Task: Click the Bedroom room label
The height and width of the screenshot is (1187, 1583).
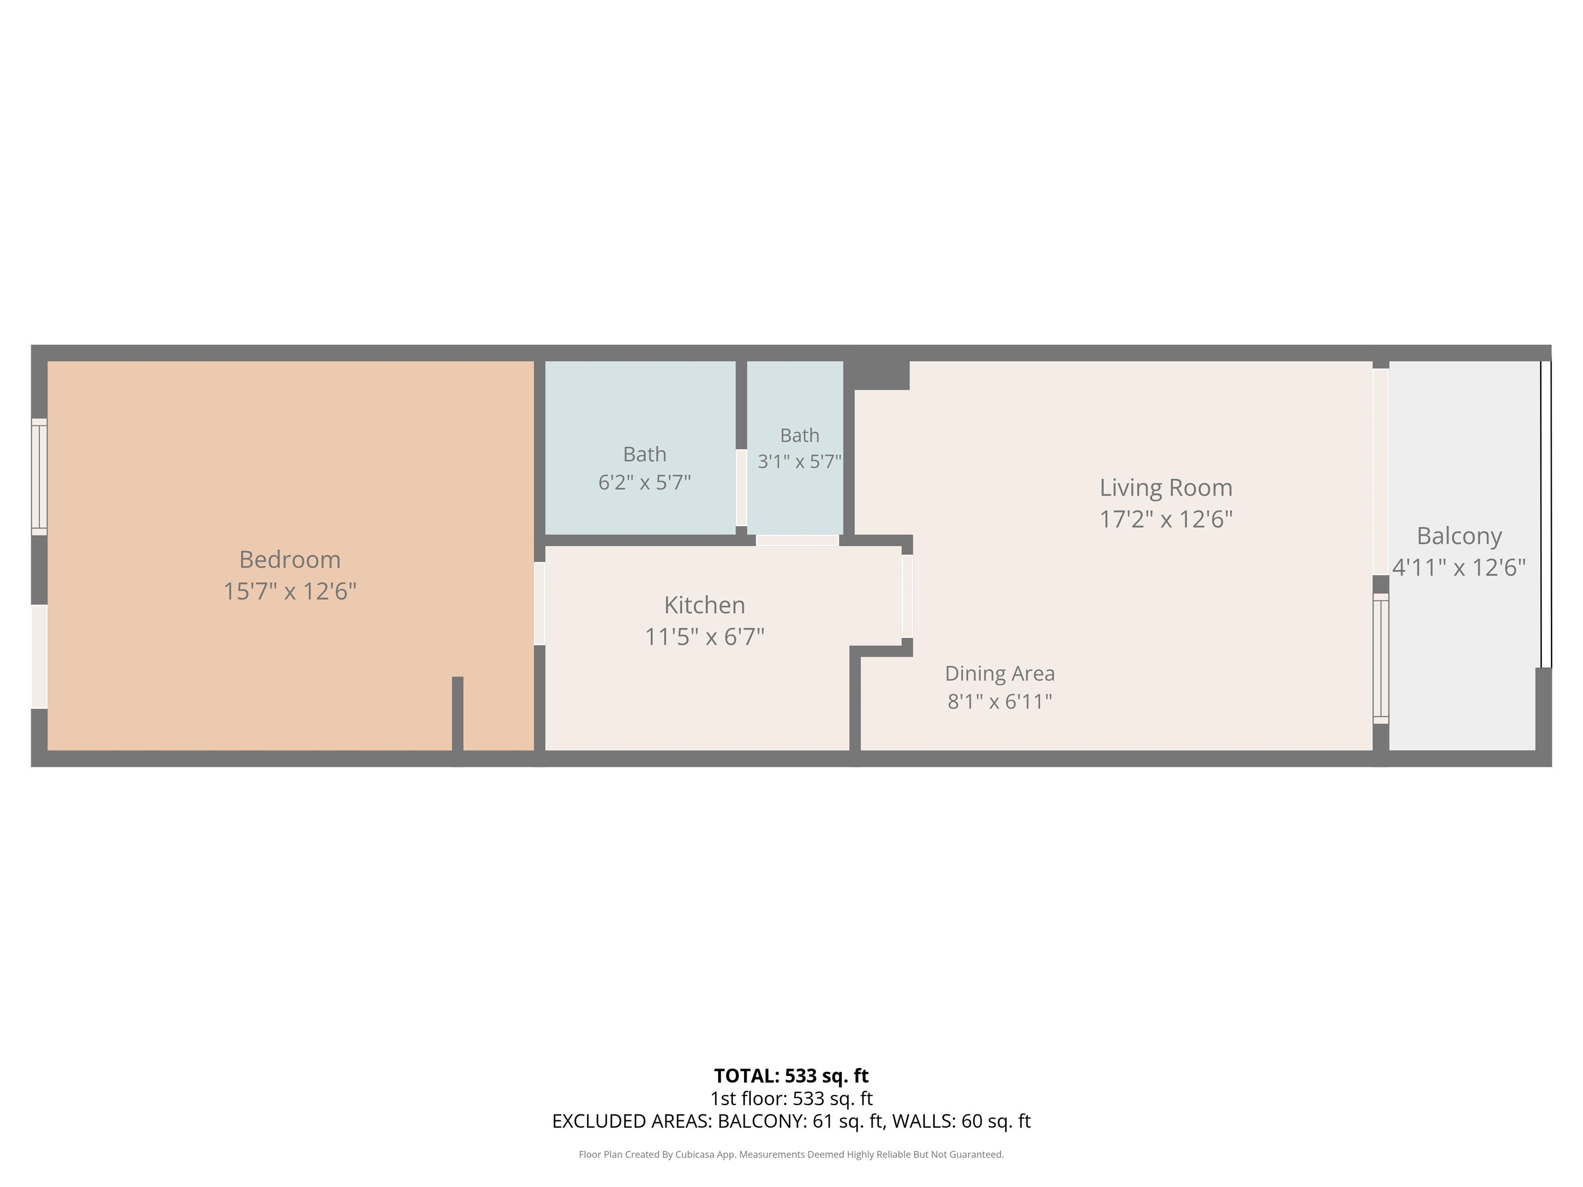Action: click(x=290, y=559)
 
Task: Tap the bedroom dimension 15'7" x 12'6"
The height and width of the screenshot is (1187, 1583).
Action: click(x=290, y=591)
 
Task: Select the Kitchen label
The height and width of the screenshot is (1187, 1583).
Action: click(x=705, y=605)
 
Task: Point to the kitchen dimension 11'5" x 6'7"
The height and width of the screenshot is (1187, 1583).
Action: click(x=705, y=636)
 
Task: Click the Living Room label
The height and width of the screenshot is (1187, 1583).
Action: click(x=1166, y=488)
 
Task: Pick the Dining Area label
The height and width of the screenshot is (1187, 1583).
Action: click(x=1000, y=673)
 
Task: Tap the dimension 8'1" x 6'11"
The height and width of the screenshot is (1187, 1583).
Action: click(x=1000, y=701)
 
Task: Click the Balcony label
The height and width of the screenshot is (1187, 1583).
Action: click(x=1459, y=536)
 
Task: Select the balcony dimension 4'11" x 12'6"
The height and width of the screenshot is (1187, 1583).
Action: click(x=1459, y=567)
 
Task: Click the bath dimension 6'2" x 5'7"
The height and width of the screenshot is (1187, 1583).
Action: click(x=645, y=482)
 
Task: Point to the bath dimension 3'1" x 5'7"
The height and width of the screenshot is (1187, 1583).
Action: click(x=799, y=462)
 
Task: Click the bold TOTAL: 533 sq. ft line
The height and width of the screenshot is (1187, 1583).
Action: click(x=791, y=1076)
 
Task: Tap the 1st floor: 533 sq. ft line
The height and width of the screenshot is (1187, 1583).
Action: click(x=791, y=1098)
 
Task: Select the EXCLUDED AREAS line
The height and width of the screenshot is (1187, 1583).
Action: click(x=791, y=1121)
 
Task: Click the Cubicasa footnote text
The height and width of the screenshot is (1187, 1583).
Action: click(x=791, y=1154)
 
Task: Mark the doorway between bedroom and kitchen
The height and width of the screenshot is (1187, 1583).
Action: click(x=540, y=604)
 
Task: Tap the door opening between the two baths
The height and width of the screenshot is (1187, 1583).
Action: click(x=742, y=488)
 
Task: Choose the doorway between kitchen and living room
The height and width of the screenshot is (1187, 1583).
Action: click(x=907, y=597)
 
